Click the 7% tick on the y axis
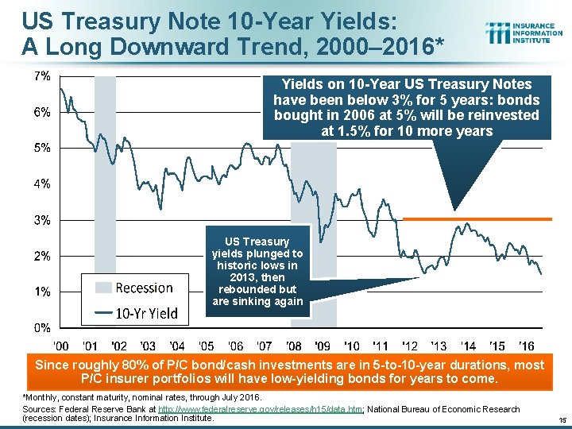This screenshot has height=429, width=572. coord(41,76)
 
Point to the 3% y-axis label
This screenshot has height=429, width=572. coord(41,219)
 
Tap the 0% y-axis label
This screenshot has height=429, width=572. coord(41,327)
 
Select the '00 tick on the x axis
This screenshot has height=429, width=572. coord(61,346)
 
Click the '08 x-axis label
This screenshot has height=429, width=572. coord(294,346)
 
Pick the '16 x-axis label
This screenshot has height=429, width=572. coord(527,346)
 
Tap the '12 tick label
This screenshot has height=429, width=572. coord(410,346)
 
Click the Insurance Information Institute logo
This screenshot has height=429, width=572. coord(524,33)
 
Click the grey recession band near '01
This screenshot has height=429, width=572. coord(105,199)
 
